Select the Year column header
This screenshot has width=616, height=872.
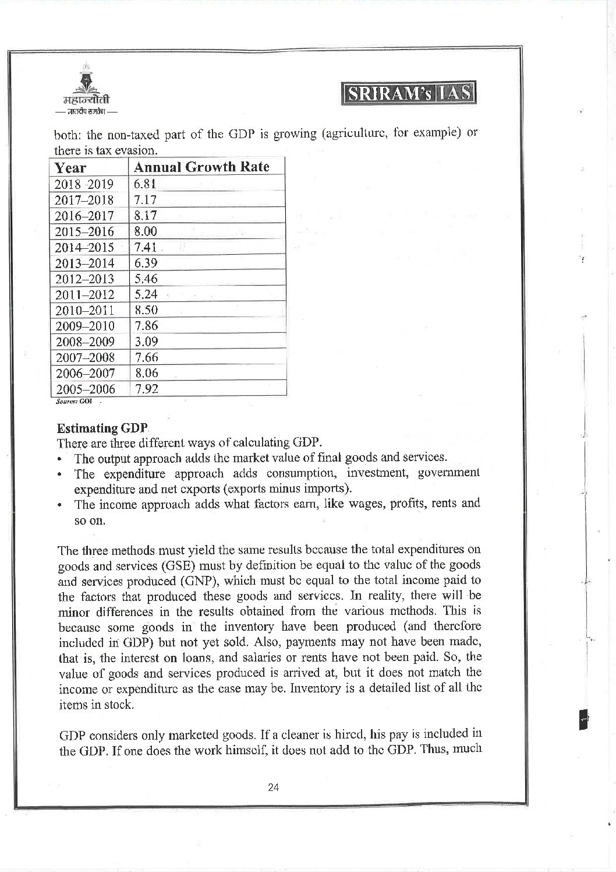click(70, 168)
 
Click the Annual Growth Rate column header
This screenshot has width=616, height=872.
click(201, 167)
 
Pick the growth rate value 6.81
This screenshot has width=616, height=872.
click(145, 184)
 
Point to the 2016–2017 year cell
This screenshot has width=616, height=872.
click(84, 216)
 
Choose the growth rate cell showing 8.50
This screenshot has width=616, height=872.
click(146, 310)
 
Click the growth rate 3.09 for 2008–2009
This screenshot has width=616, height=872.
click(146, 342)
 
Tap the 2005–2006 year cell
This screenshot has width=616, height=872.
click(84, 389)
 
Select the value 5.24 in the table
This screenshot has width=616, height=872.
click(146, 294)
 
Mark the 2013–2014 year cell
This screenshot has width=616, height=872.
click(84, 263)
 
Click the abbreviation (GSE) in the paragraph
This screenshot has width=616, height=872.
click(169, 565)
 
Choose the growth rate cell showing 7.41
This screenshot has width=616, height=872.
click(146, 247)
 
